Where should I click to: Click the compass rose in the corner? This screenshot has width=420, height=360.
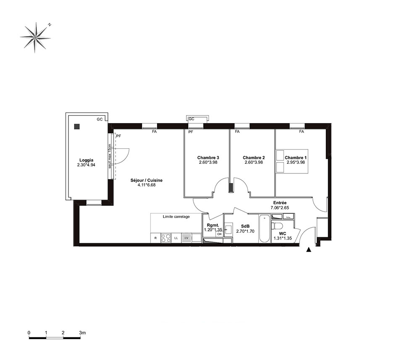coord(35,37)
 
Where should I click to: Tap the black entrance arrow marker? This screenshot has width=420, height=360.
coord(309,250)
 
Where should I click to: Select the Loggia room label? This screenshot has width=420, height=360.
coord(86,160)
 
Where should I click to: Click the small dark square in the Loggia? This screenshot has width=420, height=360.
coord(77,126)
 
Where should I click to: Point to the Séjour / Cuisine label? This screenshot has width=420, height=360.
coord(147,180)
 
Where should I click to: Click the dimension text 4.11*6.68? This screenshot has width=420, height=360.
coord(147,185)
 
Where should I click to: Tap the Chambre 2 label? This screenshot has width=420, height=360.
coord(254,158)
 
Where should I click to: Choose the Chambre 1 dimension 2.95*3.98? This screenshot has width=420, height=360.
coord(296,162)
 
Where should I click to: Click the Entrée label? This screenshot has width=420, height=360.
coord(280,203)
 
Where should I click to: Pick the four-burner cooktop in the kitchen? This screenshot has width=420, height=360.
coord(166,238)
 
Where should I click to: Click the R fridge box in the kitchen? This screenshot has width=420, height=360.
coord(155,238)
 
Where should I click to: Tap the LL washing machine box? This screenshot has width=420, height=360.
coord(176,238)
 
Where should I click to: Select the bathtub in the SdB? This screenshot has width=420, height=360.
coord(264,228)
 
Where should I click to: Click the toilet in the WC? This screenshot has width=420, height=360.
coord(276,226)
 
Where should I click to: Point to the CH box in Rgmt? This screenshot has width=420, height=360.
coord(219,234)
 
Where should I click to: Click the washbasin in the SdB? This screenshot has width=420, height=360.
coord(228,229)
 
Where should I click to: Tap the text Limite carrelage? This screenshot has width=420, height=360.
coord(176,216)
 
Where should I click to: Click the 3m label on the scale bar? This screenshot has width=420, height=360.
coord(82,333)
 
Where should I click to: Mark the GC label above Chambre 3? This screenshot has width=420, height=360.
coord(191,118)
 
